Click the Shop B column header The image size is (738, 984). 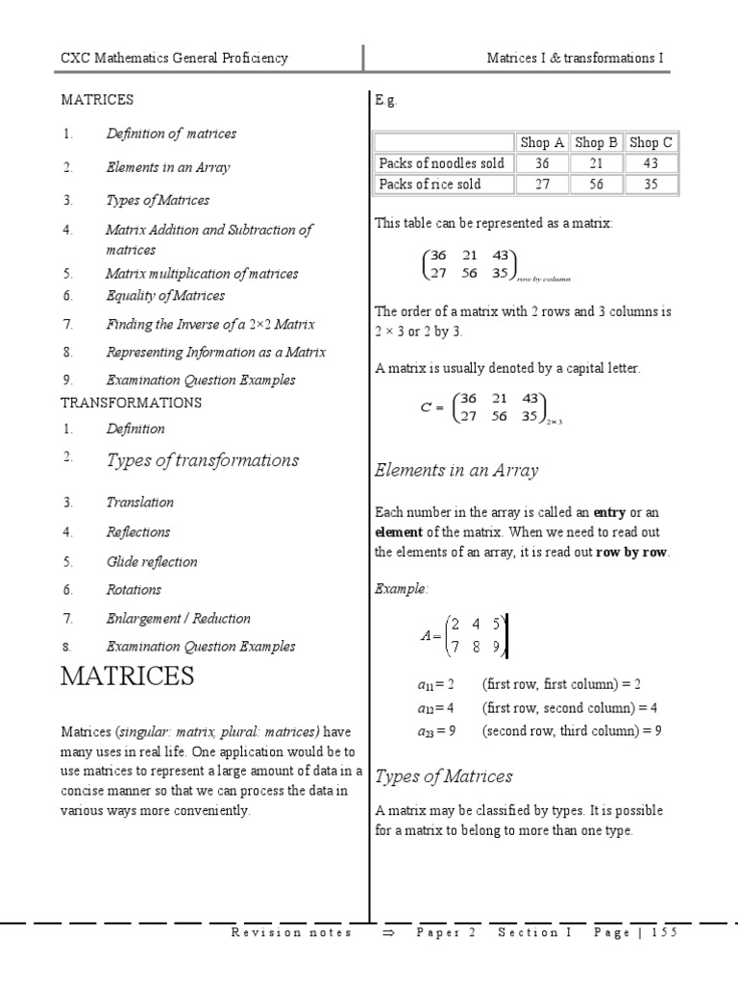[596, 142]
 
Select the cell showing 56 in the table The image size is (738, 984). [596, 184]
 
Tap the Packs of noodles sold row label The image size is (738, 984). [442, 163]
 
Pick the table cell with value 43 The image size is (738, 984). [651, 163]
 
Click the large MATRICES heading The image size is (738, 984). [127, 676]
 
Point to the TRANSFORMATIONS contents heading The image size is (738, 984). [132, 402]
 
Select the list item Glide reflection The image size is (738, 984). [151, 561]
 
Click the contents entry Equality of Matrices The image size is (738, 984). [165, 296]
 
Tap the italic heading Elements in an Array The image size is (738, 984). [456, 471]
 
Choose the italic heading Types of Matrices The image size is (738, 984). [444, 776]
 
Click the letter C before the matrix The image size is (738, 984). [427, 407]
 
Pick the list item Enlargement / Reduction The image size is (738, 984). [178, 618]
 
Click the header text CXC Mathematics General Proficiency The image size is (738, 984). [174, 59]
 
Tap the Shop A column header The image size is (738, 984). [542, 142]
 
